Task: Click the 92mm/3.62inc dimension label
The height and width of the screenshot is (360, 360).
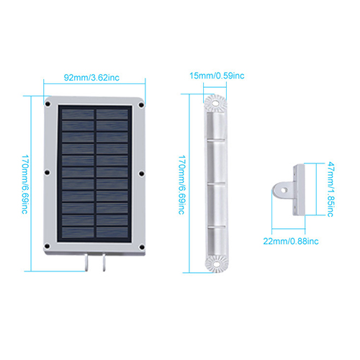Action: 91,78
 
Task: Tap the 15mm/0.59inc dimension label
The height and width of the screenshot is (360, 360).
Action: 217,76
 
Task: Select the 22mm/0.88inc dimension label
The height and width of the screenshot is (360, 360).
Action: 291,241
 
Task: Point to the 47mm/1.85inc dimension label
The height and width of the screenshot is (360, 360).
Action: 331,189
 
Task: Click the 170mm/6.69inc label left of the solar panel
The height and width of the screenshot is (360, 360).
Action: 25,184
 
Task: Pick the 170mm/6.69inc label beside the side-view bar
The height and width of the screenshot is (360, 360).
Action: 181,184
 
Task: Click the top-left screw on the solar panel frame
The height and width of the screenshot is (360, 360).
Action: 48,104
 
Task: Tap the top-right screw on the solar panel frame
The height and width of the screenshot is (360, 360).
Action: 141,105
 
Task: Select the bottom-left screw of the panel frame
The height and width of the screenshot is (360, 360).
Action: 47,246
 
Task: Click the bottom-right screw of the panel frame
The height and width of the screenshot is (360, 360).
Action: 142,247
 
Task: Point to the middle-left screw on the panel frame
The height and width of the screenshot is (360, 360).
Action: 47,172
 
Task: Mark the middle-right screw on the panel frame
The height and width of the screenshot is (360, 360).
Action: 142,174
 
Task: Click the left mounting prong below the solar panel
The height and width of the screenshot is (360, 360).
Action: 86,262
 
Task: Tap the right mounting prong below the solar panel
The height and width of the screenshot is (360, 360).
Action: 104,262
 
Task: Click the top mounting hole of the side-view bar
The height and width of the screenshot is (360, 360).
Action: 215,104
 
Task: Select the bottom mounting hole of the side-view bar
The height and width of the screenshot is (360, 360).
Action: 217,264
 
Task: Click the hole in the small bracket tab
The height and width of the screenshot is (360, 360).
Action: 284,190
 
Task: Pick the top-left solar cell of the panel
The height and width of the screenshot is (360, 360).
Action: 78,114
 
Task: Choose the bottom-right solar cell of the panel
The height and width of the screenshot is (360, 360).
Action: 112,232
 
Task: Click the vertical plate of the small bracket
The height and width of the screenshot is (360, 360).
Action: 299,189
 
